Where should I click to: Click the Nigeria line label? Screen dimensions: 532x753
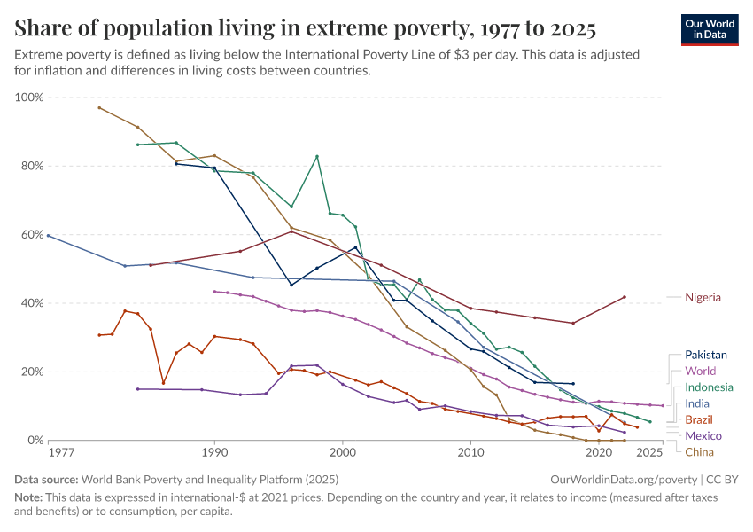coord(703,298)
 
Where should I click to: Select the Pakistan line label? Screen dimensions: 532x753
coord(707,354)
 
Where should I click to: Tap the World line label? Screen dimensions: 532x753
coord(700,371)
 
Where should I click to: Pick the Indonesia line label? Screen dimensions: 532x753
coord(709,387)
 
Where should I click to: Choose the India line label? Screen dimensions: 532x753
coord(697,403)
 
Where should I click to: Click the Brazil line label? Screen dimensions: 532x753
coord(699,419)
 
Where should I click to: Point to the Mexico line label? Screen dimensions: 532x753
coord(703,435)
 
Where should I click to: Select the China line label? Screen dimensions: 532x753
coord(699,452)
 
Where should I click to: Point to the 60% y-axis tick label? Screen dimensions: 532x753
coord(29,235)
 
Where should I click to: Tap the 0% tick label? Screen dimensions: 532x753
coord(34,441)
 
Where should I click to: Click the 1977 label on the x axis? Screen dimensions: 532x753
coord(61,453)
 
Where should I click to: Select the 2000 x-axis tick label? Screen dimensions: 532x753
coord(343,453)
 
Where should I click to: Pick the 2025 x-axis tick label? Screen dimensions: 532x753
coord(649,453)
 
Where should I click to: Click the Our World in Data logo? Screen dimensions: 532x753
coord(710,28)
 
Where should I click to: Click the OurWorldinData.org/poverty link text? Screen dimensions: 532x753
coord(619,480)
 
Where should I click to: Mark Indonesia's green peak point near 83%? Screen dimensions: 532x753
coord(317,157)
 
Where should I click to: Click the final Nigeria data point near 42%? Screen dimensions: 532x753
coord(625,297)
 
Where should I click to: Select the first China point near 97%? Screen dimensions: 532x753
coord(99,107)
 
